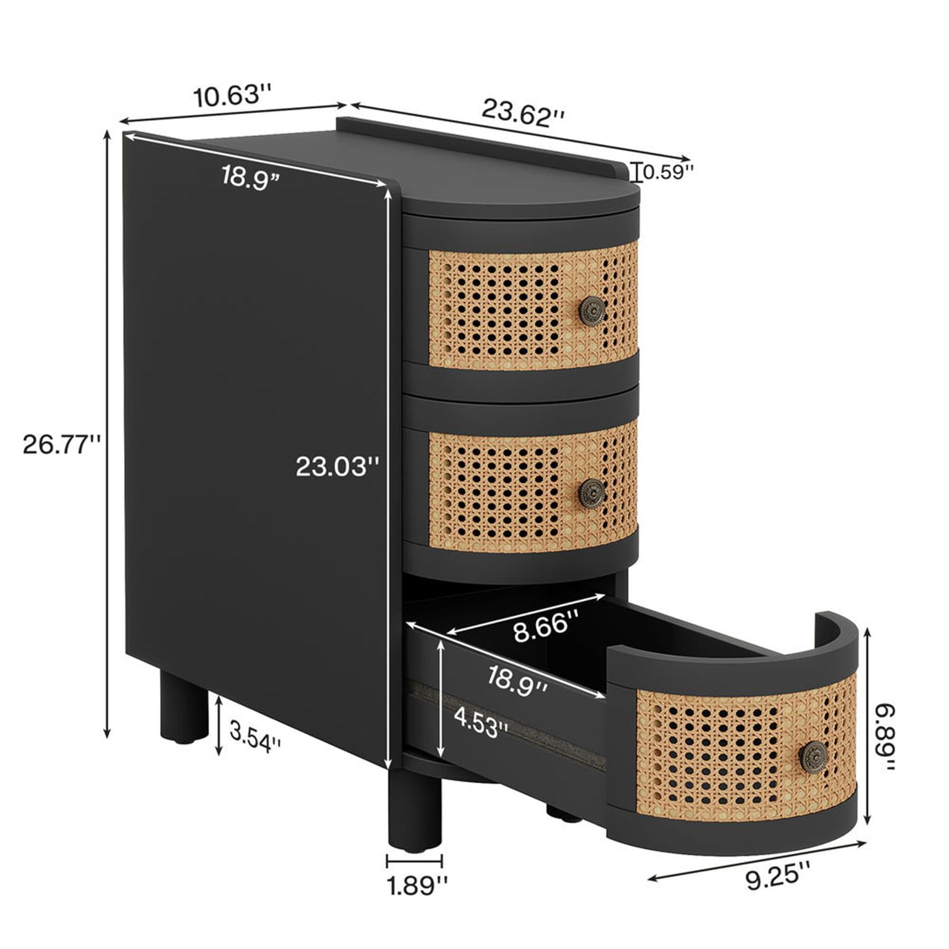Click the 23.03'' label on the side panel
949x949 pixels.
coord(338,467)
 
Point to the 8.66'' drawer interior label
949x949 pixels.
coord(546,628)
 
